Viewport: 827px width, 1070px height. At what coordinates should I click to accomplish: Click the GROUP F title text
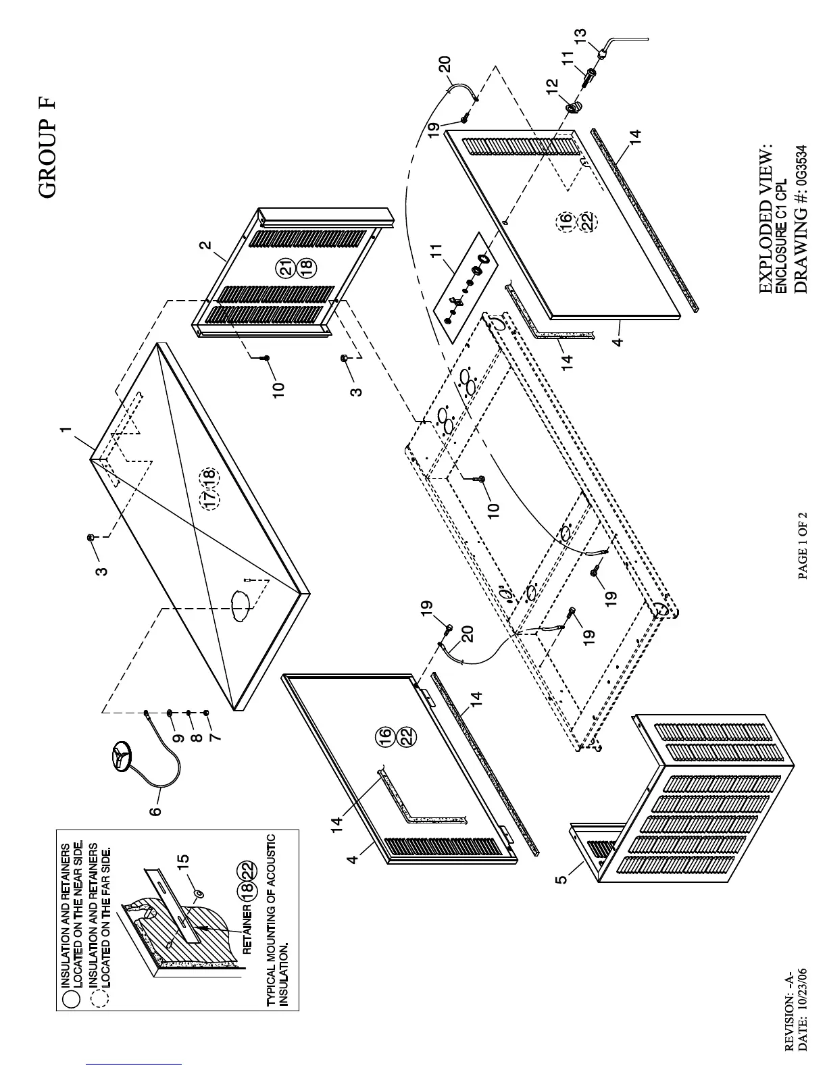pyautogui.click(x=47, y=149)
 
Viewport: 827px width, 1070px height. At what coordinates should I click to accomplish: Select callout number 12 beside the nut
pyautogui.click(x=553, y=86)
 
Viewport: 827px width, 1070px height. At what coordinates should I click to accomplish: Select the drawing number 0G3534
pyautogui.click(x=801, y=165)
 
